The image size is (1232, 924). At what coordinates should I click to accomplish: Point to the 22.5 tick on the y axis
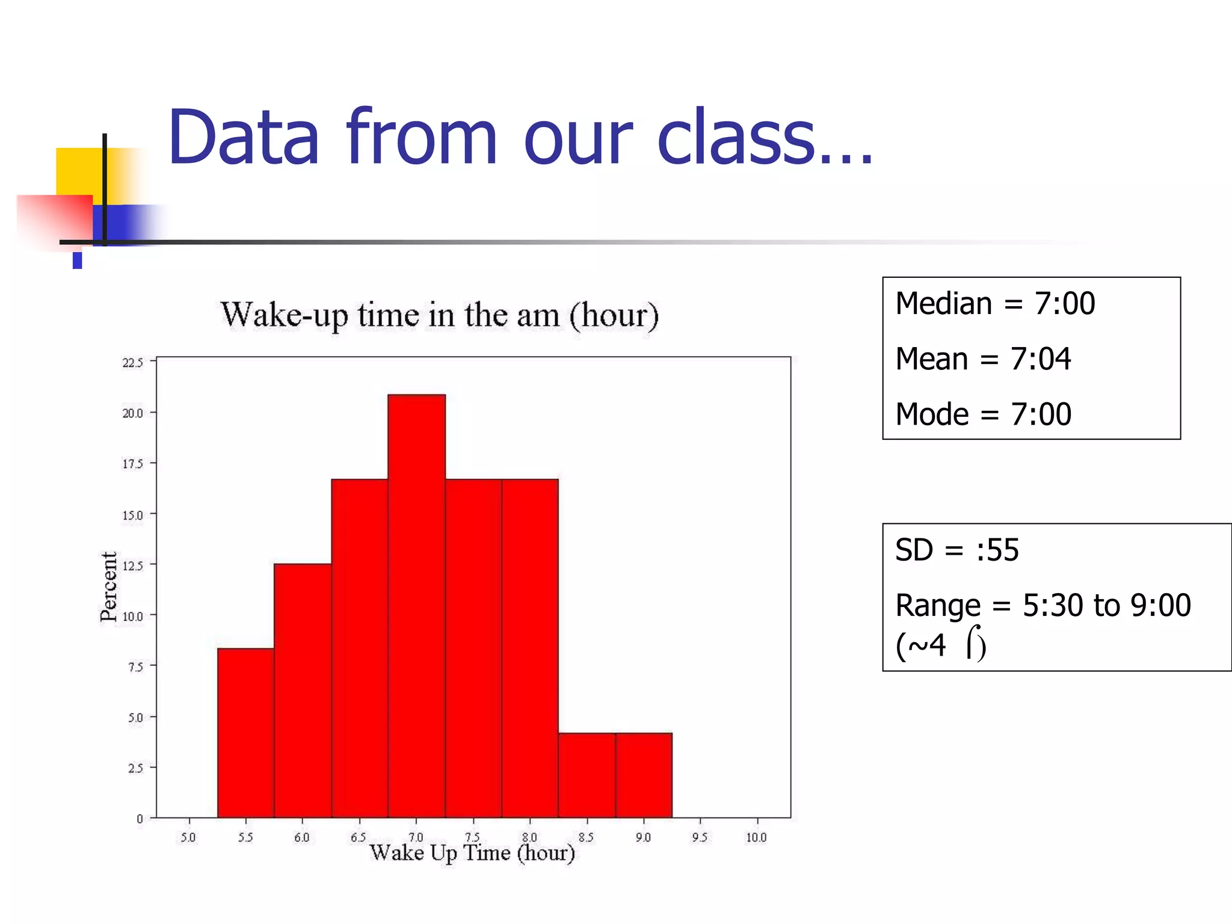[133, 363]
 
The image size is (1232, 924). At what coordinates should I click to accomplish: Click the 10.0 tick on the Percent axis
[133, 617]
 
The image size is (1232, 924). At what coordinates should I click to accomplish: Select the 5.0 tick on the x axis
[188, 837]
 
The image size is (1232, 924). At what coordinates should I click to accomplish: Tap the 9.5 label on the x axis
[700, 837]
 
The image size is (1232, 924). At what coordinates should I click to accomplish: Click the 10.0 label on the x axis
[756, 837]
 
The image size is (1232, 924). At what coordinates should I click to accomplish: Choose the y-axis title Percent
[109, 587]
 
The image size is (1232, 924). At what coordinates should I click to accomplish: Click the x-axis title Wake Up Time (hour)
[472, 853]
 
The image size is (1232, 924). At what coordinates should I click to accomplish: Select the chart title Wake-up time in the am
[440, 315]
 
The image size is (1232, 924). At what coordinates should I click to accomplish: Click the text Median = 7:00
[995, 303]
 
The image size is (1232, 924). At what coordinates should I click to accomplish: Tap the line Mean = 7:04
[983, 359]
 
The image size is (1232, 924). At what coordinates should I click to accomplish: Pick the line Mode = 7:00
[983, 414]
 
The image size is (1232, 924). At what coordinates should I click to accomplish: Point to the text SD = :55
[956, 550]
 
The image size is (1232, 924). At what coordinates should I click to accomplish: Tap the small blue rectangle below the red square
[77, 260]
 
